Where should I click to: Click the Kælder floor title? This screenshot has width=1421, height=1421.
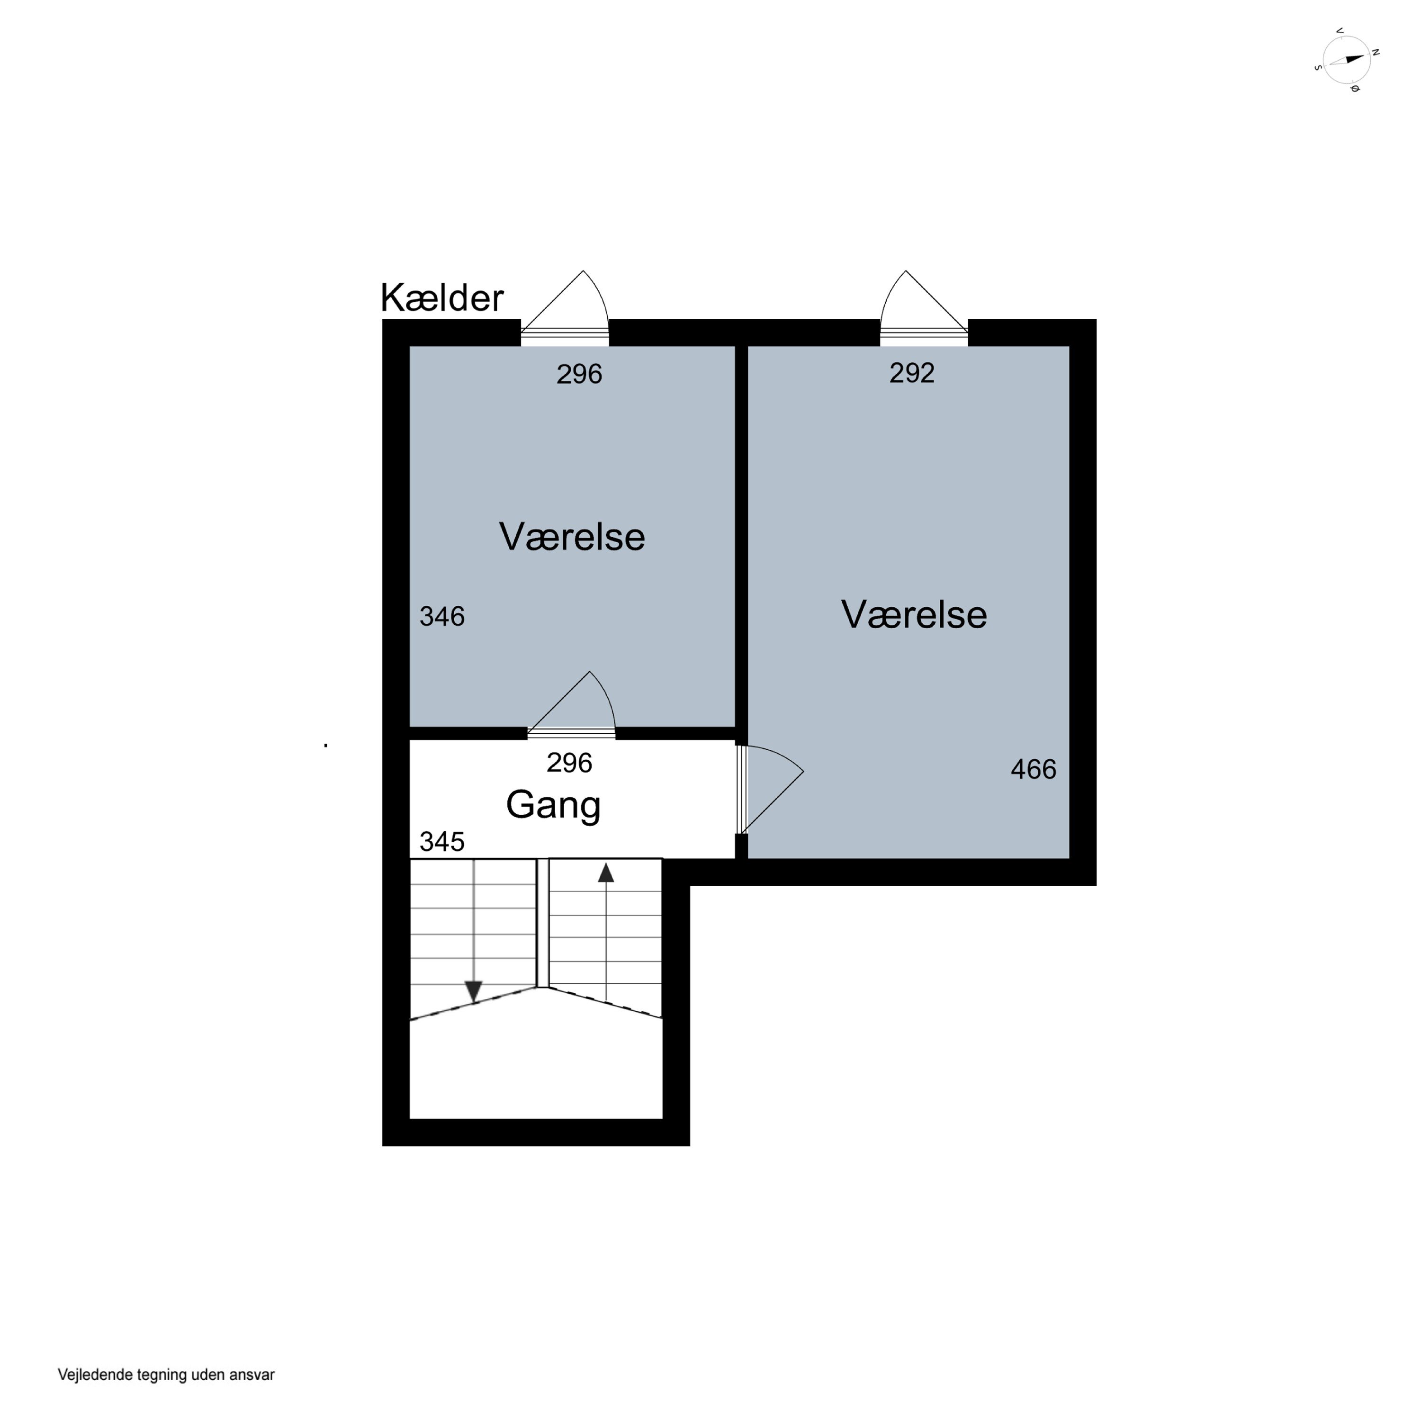pyautogui.click(x=442, y=298)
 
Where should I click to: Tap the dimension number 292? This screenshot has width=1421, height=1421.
pyautogui.click(x=911, y=374)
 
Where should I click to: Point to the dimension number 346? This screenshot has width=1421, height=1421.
pyautogui.click(x=441, y=616)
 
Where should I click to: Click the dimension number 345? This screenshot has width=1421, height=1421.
pyautogui.click(x=441, y=841)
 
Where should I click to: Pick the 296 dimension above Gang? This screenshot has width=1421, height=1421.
pyautogui.click(x=569, y=763)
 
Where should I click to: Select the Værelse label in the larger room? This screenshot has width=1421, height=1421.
pyautogui.click(x=914, y=614)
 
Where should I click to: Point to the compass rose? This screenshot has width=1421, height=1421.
pyautogui.click(x=1346, y=60)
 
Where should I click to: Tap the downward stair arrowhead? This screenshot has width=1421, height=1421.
pyautogui.click(x=474, y=991)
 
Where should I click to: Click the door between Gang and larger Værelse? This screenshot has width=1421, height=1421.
pyautogui.click(x=770, y=790)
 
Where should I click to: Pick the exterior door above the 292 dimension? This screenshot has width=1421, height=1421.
pyautogui.click(x=924, y=308)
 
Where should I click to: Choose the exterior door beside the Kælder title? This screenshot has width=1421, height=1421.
pyautogui.click(x=565, y=308)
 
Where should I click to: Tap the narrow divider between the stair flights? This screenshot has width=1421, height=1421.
pyautogui.click(x=543, y=923)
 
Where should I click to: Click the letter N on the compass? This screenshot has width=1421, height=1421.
pyautogui.click(x=1375, y=52)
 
